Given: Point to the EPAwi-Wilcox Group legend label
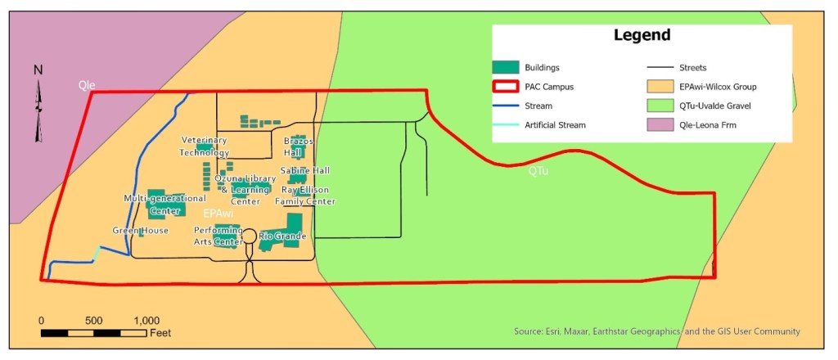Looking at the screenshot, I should (719, 86).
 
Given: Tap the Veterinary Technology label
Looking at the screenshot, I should (205, 146).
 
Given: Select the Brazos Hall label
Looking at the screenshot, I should (293, 146).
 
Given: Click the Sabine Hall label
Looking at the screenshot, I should (304, 170).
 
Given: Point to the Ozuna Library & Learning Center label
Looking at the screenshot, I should (240, 190).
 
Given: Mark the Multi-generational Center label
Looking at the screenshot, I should (164, 205).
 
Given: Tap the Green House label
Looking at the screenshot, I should (141, 231).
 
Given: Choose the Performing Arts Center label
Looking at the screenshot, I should (217, 236).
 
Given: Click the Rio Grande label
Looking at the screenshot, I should (282, 236).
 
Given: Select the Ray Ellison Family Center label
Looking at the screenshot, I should (305, 196).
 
